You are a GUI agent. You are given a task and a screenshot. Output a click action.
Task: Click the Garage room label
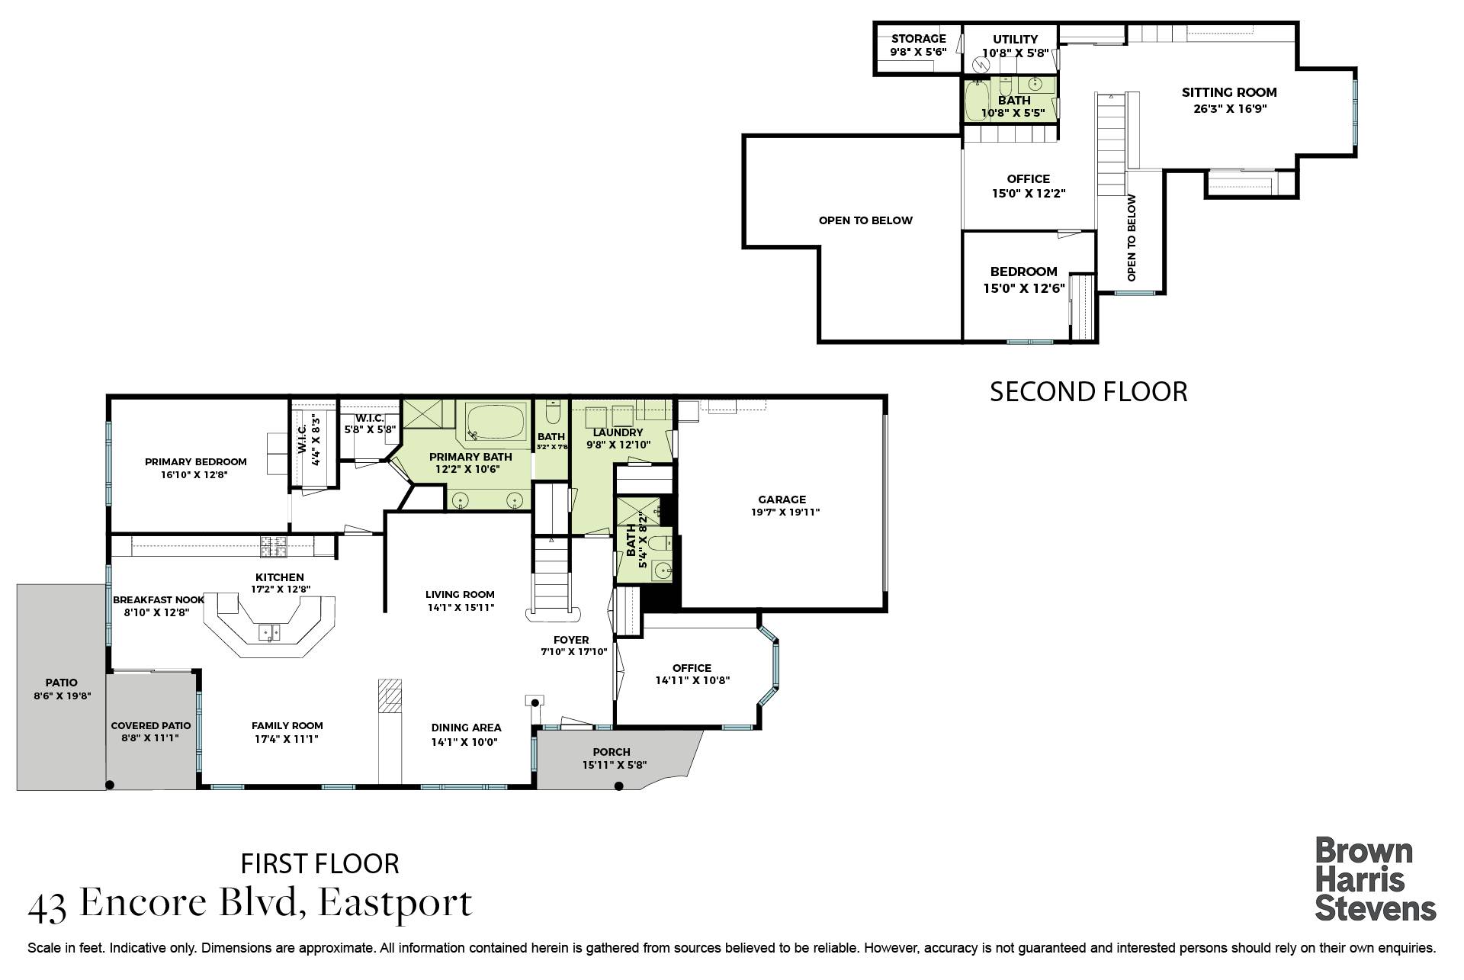point(782,500)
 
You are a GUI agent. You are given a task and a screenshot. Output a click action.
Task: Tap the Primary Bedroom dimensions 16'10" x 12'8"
point(194,474)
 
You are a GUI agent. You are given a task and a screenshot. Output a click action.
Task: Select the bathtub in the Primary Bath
point(496,423)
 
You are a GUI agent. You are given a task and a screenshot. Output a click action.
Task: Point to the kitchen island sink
point(269,633)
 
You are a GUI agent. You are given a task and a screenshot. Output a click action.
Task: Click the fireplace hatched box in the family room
point(390,696)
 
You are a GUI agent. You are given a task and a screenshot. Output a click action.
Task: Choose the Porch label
point(612,752)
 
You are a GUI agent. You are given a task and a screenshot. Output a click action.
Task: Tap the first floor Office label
point(692,668)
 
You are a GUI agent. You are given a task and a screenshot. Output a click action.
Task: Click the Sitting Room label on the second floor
point(1229,92)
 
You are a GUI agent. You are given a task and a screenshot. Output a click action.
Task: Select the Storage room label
point(919,39)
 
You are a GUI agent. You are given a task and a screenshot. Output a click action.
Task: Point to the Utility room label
point(1016,40)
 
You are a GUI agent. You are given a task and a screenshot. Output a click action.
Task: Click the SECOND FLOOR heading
point(1088,391)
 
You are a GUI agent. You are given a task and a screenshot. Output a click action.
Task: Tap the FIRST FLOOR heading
point(320,863)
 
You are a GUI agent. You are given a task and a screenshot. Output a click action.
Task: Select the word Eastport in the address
point(395,903)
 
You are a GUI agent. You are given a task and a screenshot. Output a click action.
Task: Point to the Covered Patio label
point(151,726)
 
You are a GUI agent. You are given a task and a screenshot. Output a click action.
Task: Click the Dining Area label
point(466,728)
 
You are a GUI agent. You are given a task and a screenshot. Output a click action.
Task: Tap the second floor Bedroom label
point(1023,272)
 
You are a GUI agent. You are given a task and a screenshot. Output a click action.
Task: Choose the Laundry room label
point(618,432)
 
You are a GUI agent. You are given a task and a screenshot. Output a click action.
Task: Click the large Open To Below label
point(865,220)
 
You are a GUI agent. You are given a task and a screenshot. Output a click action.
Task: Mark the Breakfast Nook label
point(159,600)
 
